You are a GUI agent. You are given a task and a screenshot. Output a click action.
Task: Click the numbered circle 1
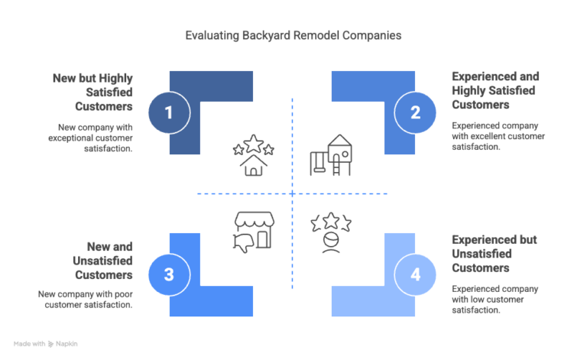point(169,112)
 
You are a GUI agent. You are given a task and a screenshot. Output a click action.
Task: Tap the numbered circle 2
point(415,112)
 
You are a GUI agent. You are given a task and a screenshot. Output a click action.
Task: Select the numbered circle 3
point(169,274)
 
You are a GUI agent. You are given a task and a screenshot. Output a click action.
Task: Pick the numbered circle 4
point(415,274)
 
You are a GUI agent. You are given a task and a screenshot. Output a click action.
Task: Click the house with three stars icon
point(254,155)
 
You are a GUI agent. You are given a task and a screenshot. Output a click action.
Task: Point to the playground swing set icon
point(331,155)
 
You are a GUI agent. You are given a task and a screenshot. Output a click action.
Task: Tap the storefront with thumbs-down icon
point(254,232)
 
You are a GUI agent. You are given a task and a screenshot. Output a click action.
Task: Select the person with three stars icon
point(331,232)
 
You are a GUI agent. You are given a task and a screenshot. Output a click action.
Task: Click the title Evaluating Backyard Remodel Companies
point(293,35)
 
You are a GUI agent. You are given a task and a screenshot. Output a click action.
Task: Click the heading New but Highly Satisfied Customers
point(92,92)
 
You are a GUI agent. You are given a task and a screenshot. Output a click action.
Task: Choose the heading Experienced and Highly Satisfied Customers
point(495,90)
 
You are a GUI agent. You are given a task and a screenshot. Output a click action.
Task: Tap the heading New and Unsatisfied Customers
point(103,261)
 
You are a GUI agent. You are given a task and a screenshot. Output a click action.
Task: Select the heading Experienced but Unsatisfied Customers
point(495,254)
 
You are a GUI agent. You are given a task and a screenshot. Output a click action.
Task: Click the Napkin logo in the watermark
point(51,344)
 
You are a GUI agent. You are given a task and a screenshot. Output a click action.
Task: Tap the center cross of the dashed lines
point(293,194)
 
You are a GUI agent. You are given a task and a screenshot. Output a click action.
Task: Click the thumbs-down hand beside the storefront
point(242,243)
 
